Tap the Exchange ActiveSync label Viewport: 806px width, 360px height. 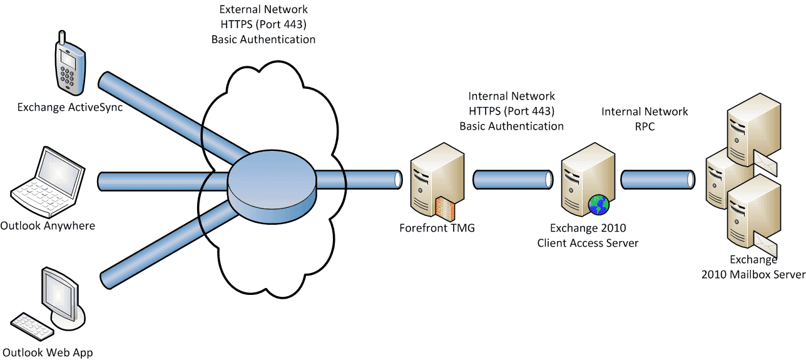(x=69, y=107)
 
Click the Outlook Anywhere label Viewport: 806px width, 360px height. (x=48, y=225)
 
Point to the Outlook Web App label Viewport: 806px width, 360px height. (x=48, y=352)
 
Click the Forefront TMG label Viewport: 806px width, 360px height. (x=437, y=228)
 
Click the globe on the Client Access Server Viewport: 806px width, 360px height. (x=599, y=204)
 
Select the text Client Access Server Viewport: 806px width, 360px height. (x=588, y=243)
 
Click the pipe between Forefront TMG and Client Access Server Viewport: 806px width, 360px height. (x=513, y=180)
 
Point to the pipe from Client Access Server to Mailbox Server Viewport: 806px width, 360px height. (x=658, y=179)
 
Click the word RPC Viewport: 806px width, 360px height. (x=645, y=126)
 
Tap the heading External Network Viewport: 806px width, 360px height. (x=263, y=10)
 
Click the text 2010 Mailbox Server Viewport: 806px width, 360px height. (x=753, y=274)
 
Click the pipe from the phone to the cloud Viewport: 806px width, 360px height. (x=169, y=112)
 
